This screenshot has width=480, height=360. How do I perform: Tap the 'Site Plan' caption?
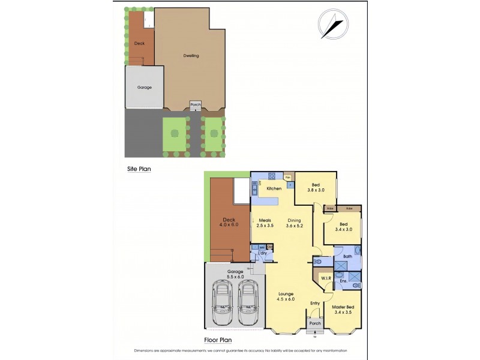click(139, 169)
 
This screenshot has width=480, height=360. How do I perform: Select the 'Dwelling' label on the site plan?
click(191, 56)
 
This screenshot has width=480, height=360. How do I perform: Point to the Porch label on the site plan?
click(195, 104)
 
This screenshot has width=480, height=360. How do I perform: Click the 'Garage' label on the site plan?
click(144, 88)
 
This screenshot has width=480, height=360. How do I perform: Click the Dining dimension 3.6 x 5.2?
click(294, 225)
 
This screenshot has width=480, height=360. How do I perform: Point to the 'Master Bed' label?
click(344, 308)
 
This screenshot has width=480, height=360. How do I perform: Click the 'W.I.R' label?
click(326, 278)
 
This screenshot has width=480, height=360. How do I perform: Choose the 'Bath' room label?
click(347, 256)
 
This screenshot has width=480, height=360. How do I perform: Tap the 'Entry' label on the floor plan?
click(315, 304)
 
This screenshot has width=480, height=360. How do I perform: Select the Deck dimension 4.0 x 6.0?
click(228, 225)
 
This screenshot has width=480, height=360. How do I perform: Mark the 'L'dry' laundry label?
click(262, 253)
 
